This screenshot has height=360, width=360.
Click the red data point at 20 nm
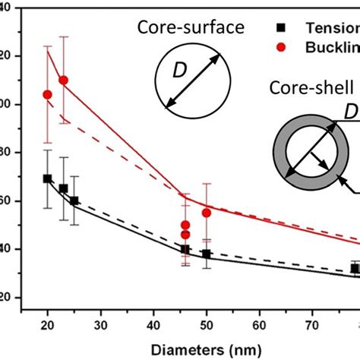point(48,95)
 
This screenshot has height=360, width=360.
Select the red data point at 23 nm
point(64,80)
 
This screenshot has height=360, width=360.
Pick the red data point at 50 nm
point(206,213)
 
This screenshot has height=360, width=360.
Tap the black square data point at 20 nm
point(48,178)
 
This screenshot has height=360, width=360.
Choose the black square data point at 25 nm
point(74,201)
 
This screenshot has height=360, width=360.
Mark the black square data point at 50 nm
point(206,254)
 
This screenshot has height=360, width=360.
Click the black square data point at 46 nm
point(185,249)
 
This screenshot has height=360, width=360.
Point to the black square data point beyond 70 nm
point(354,268)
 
